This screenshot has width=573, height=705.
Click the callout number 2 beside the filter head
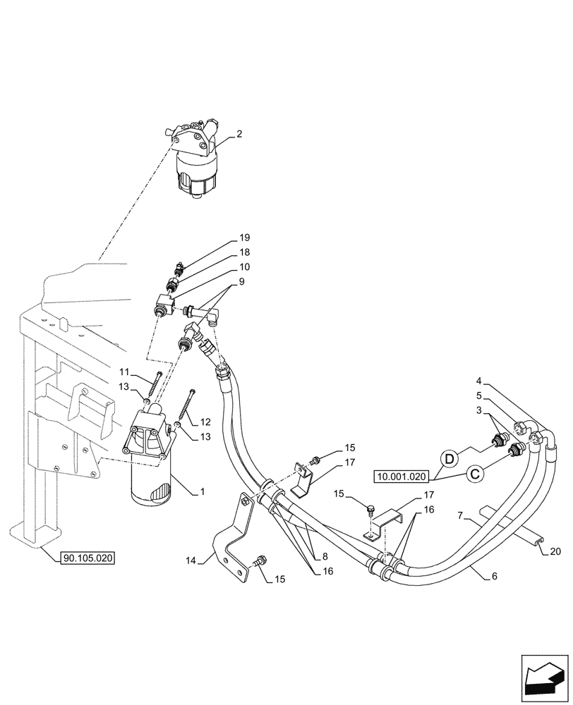click(x=239, y=133)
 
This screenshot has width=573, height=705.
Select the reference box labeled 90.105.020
click(x=88, y=558)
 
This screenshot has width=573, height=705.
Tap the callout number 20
click(x=555, y=551)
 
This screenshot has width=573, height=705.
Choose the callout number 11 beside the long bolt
click(x=124, y=372)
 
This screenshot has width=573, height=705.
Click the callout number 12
click(x=205, y=422)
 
